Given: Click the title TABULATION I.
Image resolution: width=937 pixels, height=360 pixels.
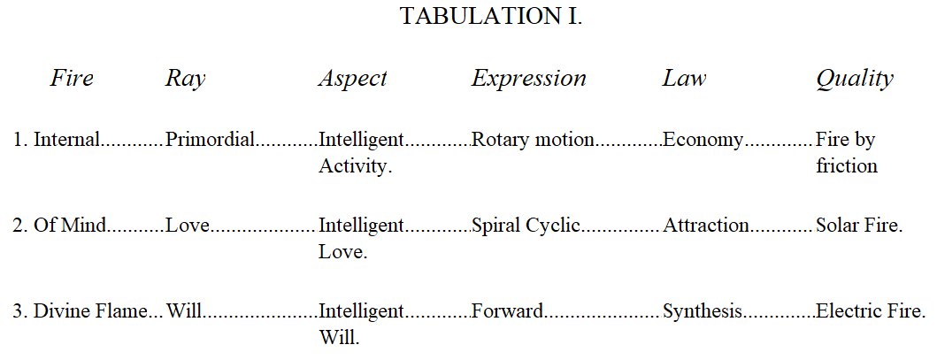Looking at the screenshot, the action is coord(490,17).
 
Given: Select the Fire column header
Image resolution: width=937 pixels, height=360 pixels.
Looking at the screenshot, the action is coord(72,78).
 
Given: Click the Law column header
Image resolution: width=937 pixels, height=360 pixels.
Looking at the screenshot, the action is coord(684,78).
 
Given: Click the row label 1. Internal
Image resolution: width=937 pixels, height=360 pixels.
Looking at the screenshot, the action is coord(56,140).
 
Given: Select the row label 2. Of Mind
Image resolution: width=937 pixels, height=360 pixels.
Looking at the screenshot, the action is coord(59,226).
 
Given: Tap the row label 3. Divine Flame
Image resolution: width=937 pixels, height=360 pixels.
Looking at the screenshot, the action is coord(81,311).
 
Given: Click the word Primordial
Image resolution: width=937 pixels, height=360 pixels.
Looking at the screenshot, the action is coord(211,140).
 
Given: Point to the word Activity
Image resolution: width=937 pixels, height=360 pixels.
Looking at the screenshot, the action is coord(355,166).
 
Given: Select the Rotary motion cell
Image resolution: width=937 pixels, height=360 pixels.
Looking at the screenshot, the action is coord(533,141).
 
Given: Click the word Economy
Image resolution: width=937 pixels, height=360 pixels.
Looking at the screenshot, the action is coord(703,141).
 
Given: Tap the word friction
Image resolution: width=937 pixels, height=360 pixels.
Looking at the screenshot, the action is coord(847,165).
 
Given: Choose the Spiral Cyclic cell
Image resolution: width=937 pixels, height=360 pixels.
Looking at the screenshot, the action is coord(526,226).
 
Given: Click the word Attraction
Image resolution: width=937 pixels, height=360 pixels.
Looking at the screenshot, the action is coord(706,226).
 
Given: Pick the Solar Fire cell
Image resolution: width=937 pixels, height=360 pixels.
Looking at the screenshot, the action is coord(859,226).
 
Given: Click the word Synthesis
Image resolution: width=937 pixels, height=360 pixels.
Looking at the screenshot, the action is coord(703,312).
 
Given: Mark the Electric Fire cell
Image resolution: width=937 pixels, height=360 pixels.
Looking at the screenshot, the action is coord(871,311).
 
